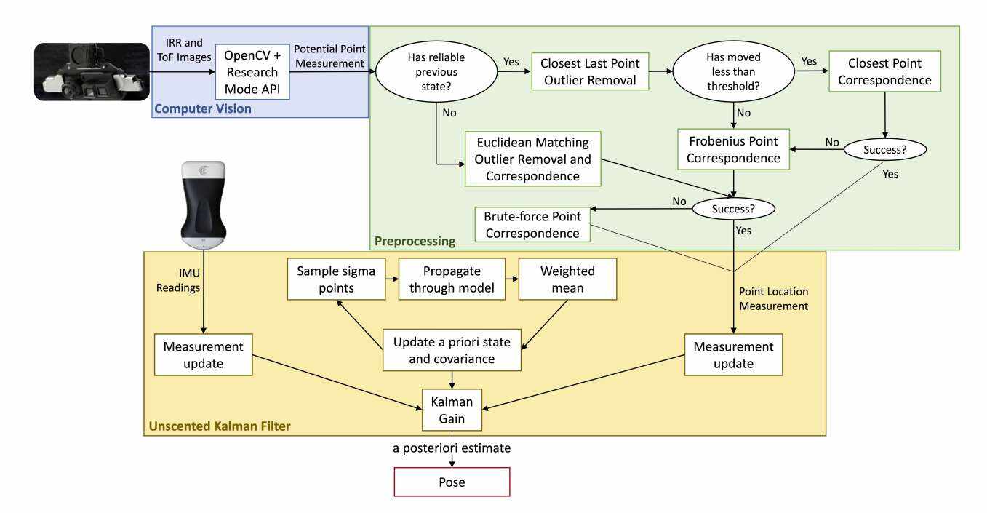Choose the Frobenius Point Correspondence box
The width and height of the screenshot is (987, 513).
point(733,149)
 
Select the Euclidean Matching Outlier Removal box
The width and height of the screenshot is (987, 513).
point(533,158)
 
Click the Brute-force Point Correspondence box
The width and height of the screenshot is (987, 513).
point(532,224)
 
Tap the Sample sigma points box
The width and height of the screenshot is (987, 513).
point(335,279)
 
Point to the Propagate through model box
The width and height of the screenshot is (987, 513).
point(452,279)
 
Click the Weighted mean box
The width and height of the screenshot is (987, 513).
point(567,279)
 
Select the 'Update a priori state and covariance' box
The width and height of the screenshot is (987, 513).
point(452,350)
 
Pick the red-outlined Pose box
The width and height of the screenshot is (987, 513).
point(452,482)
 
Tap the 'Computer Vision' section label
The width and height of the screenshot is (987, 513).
point(203,109)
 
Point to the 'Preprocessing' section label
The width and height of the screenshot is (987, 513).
point(415,241)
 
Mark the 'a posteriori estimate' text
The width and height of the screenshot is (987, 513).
point(452,448)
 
